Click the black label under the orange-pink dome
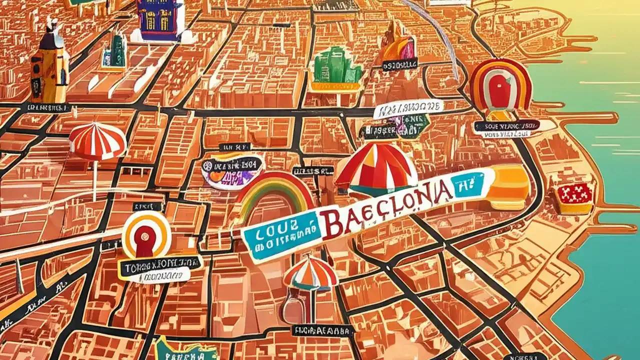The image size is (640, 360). tap(399, 64)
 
